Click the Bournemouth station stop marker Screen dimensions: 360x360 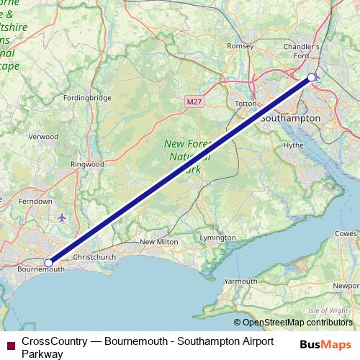(x=48, y=264)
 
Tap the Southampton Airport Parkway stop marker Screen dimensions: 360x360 (x=311, y=77)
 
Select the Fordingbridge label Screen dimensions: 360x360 (x=87, y=98)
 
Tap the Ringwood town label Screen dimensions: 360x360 (x=87, y=164)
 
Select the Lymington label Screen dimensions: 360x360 (x=217, y=238)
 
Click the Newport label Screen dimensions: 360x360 (x=344, y=284)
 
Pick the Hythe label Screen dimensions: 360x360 (x=294, y=145)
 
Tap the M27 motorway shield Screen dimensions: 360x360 (x=193, y=103)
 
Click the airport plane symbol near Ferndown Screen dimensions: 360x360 (x=61, y=217)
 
